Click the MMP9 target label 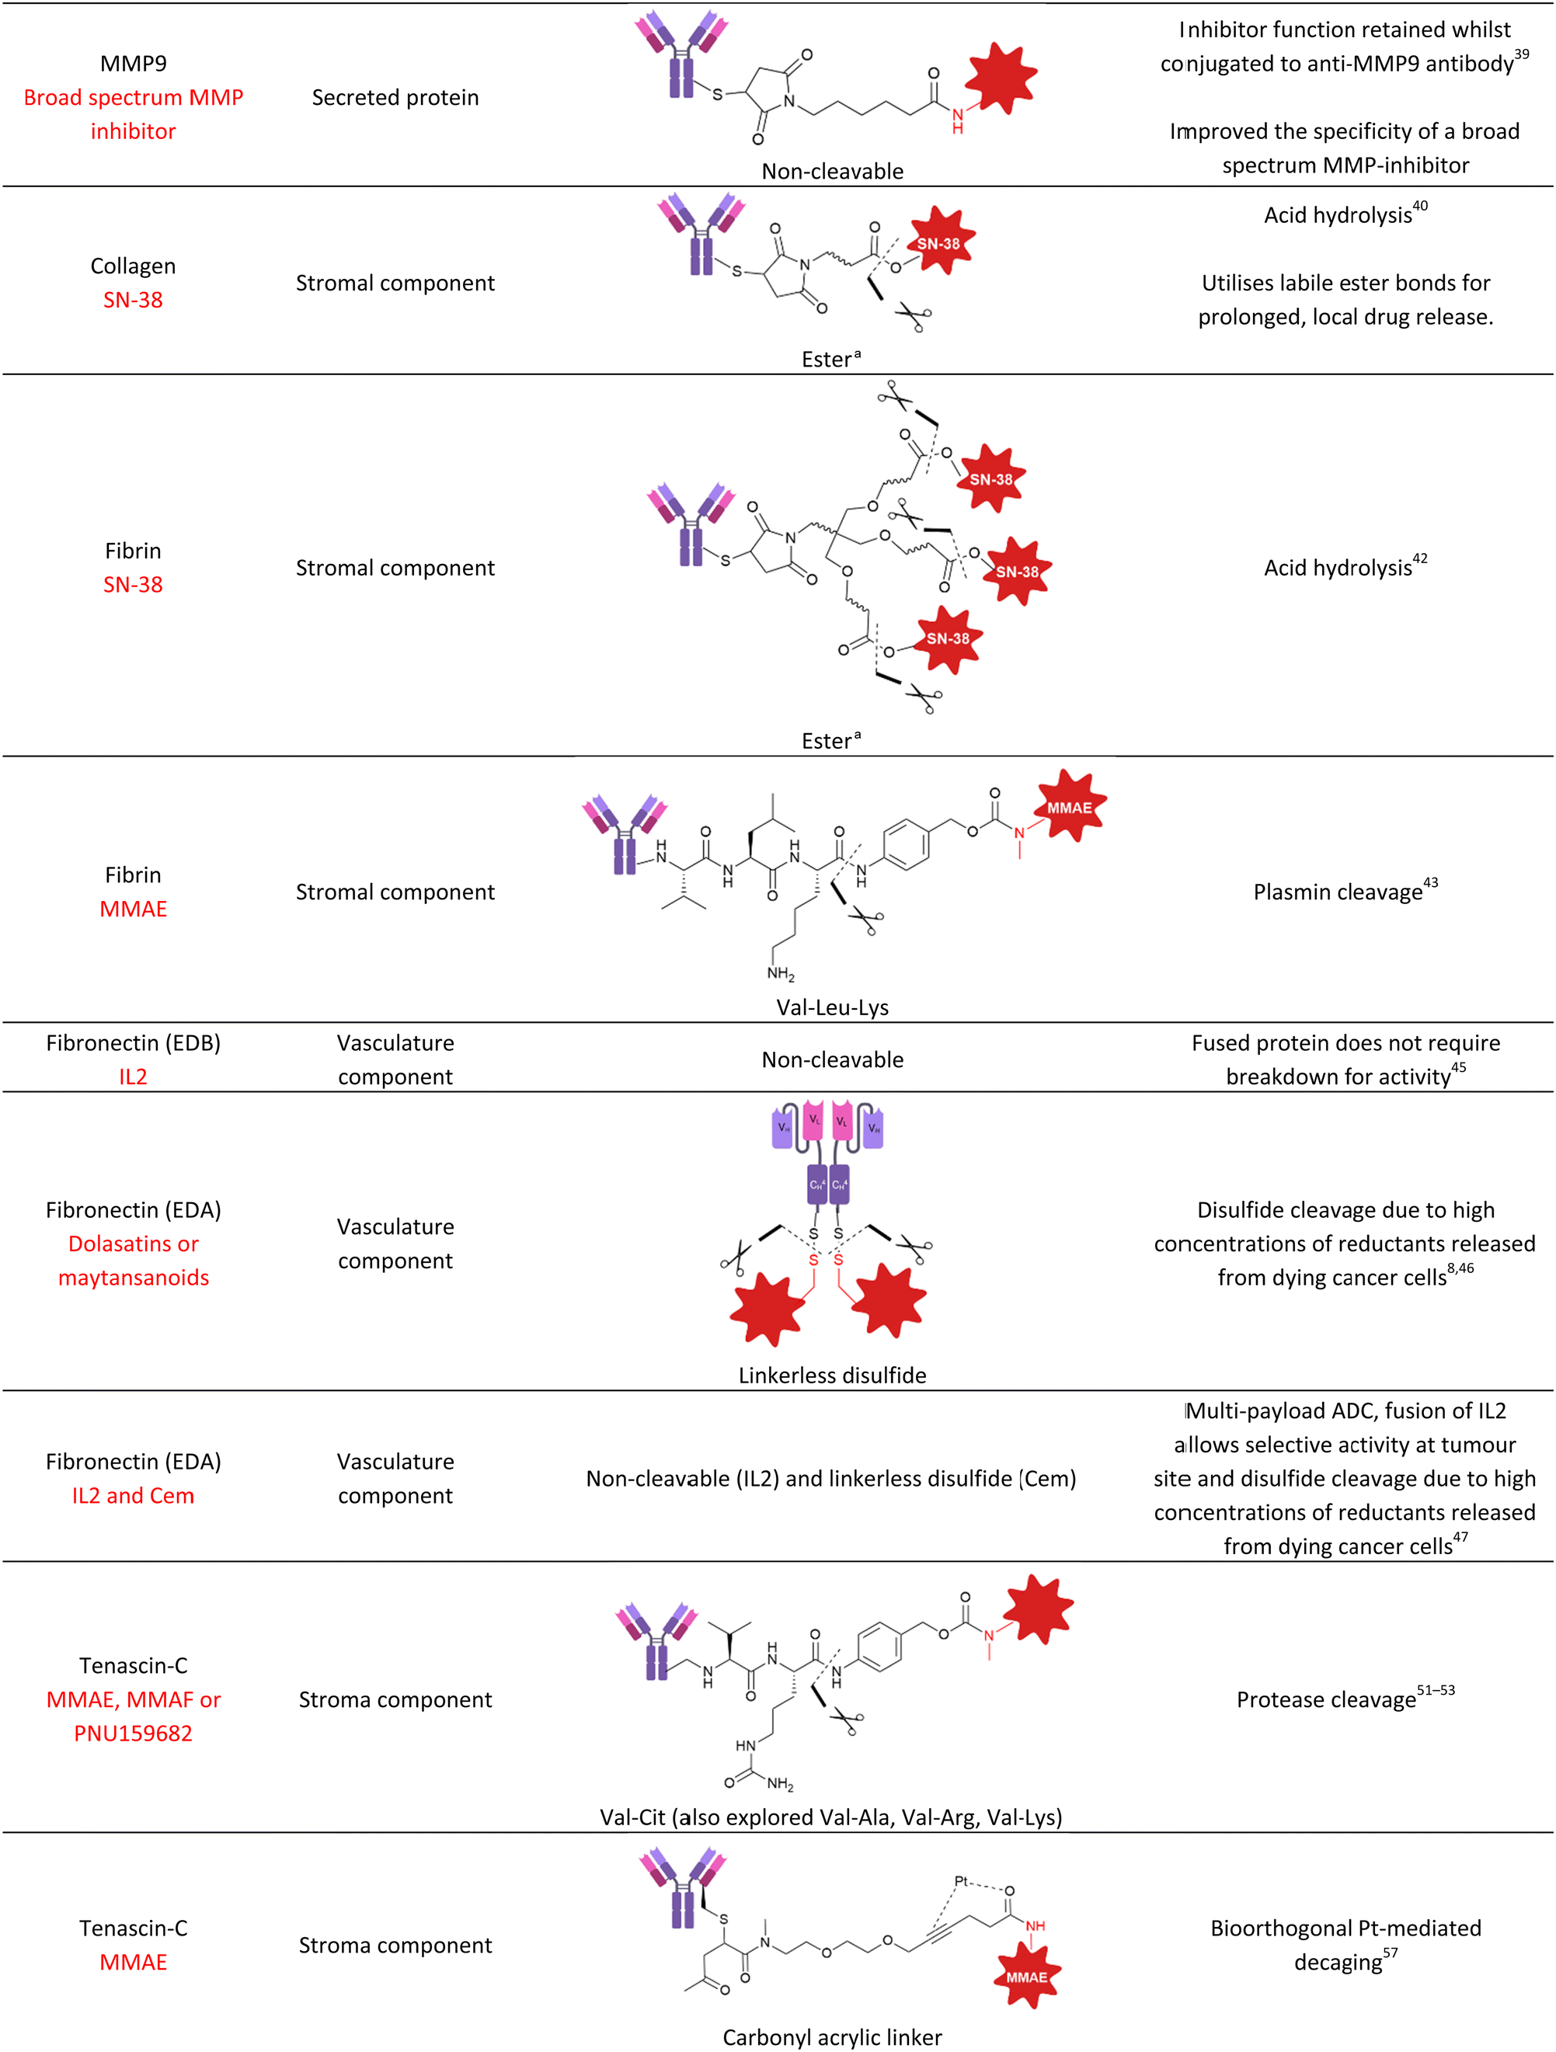pos(133,63)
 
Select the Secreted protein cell pos(395,97)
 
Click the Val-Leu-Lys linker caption pos(831,1007)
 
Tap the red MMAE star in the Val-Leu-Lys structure pos(1070,807)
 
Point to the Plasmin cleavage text pos(1337,892)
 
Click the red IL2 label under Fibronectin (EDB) pos(133,1077)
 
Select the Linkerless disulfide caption pos(831,1376)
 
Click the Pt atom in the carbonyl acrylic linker pos(961,1881)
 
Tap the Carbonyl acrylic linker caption pos(831,2038)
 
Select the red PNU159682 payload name pos(133,1734)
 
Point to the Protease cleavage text pos(1326,1700)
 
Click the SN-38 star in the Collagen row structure pos(939,244)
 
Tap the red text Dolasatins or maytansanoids pos(133,1261)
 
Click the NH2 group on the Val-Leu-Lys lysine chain pos(780,974)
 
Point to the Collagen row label pos(133,266)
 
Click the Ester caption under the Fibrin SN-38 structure pos(830,741)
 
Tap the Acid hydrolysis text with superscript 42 pos(1337,568)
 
